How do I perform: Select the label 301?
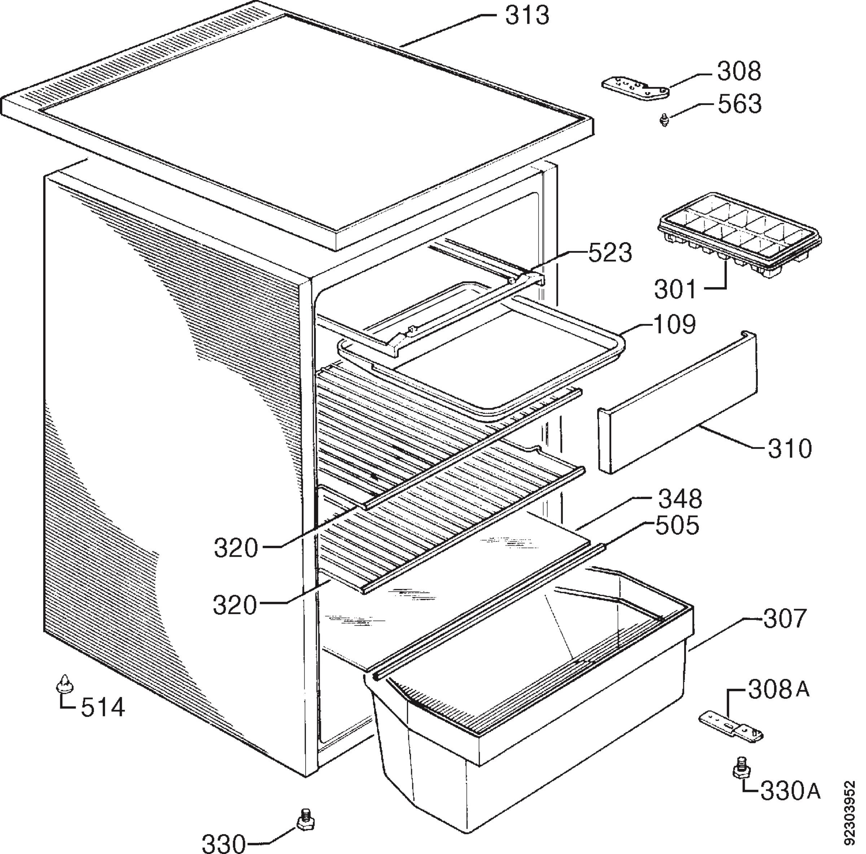click(676, 290)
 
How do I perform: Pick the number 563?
click(740, 104)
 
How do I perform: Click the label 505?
click(677, 526)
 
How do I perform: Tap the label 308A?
click(779, 690)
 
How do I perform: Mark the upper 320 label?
click(237, 548)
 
